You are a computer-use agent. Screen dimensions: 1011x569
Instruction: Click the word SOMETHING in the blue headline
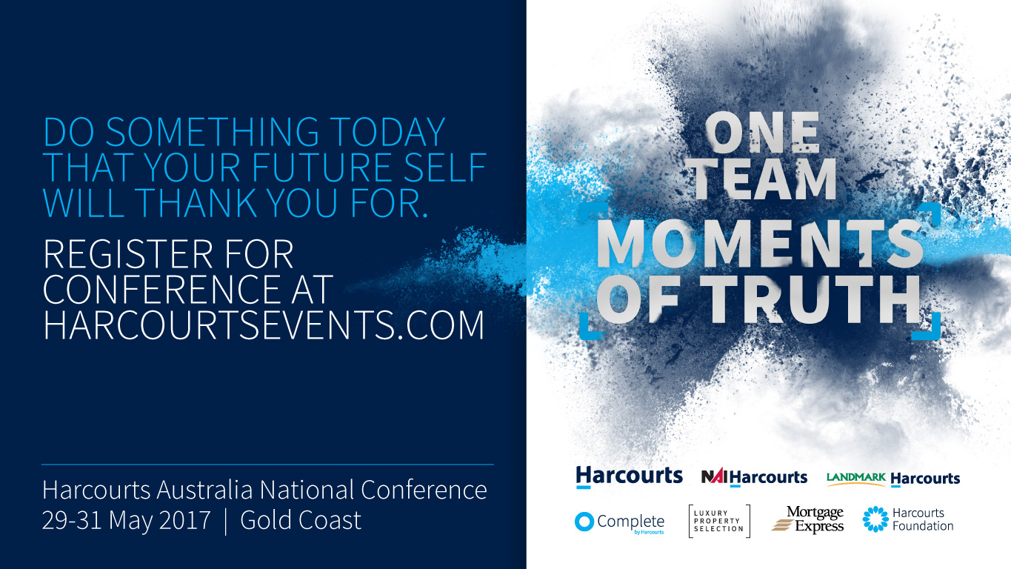click(x=212, y=132)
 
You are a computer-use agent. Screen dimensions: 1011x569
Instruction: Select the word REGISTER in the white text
click(x=127, y=254)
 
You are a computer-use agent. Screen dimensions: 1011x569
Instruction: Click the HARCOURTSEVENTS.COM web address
click(x=264, y=325)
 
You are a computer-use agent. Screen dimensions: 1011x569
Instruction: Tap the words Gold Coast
click(x=301, y=520)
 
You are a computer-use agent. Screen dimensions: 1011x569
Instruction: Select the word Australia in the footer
click(x=204, y=490)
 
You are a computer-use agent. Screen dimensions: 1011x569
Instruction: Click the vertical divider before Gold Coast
click(x=226, y=521)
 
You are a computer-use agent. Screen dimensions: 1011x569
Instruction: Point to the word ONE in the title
click(x=762, y=131)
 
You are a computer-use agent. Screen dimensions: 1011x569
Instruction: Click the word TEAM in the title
click(x=763, y=179)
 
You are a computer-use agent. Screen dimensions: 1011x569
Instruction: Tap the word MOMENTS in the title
click(x=760, y=244)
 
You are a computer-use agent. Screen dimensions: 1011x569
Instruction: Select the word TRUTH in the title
click(x=813, y=299)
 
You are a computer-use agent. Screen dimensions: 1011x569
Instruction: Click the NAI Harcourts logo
click(x=754, y=477)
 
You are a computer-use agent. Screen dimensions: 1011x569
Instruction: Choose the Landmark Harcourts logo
click(x=893, y=479)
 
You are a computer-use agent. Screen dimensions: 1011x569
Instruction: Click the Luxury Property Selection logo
click(x=719, y=521)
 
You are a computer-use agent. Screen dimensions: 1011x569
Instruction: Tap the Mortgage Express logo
click(x=807, y=520)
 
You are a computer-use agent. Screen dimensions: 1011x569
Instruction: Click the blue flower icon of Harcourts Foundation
click(x=875, y=519)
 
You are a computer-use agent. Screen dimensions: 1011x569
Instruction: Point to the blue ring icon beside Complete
click(x=584, y=522)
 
